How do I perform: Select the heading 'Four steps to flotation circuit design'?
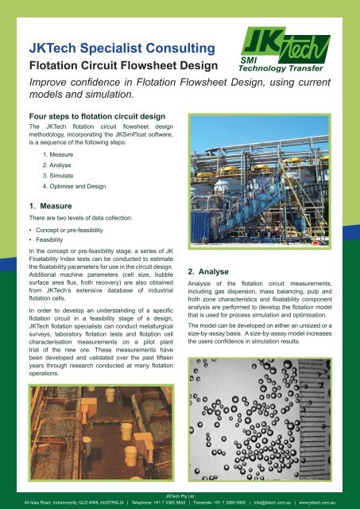92,115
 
